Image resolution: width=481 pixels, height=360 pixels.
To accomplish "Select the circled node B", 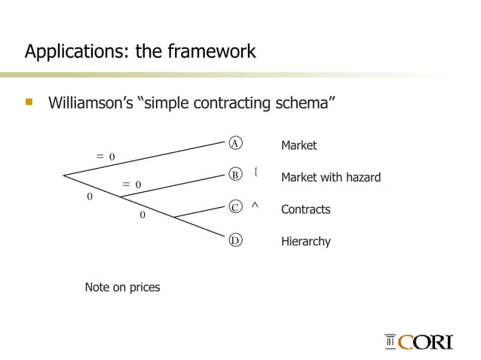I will point(235,175).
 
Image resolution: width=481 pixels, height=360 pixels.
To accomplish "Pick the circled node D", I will point(235,240).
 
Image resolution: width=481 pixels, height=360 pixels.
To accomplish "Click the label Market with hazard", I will point(330,178).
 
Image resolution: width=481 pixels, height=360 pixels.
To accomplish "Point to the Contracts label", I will point(305,209).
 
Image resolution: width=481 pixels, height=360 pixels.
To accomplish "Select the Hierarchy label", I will point(305,242).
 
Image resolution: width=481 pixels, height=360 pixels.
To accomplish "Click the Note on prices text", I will point(122,288).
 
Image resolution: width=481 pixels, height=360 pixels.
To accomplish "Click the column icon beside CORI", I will point(391,343).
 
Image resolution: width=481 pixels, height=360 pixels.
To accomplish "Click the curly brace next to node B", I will point(256,172).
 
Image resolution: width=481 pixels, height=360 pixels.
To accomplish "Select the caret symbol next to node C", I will point(255,204).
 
